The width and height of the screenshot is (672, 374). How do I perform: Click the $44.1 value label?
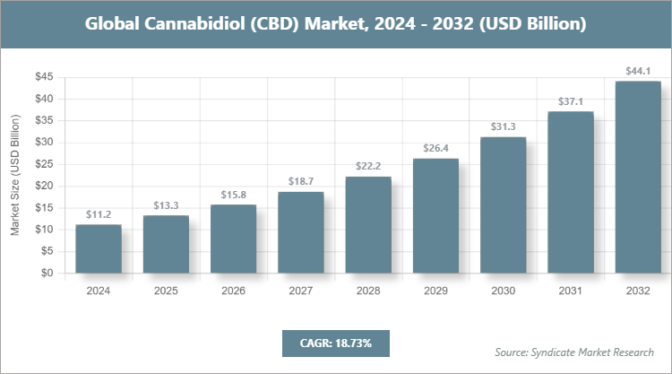[x=638, y=71]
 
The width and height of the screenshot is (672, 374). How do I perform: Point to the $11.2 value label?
[x=99, y=214]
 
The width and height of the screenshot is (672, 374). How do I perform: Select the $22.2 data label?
[x=368, y=167]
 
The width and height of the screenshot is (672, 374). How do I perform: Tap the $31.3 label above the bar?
[x=503, y=126]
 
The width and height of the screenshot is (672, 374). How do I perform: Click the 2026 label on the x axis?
[x=233, y=291]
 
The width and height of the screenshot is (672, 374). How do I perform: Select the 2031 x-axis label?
[x=570, y=291]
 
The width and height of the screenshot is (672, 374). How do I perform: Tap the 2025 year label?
[x=166, y=291]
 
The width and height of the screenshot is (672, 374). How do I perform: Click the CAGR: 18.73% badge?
[x=336, y=343]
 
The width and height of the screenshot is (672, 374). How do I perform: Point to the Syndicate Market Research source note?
[x=574, y=352]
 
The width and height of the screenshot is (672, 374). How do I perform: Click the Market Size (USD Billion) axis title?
[x=15, y=176]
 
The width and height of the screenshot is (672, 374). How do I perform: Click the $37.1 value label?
[x=570, y=101]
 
